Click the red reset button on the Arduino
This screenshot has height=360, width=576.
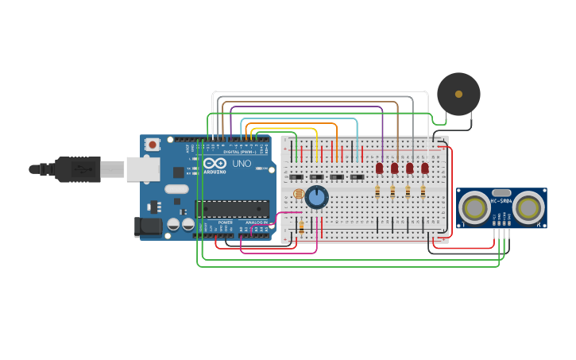[152, 145]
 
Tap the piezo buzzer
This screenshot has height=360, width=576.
[458, 94]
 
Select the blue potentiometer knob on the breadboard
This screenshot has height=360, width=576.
[317, 196]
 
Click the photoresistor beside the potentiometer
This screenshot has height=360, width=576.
[299, 194]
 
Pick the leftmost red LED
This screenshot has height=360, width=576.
[380, 168]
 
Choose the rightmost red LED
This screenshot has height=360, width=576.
[425, 168]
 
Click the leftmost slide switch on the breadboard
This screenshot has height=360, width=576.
[296, 176]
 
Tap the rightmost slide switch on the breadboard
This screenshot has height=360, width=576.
[357, 176]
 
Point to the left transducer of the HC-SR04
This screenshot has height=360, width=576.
[475, 208]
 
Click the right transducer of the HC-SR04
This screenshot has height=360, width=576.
[528, 208]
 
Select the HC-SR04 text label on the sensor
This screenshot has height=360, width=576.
[501, 201]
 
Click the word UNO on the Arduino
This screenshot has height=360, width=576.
[241, 164]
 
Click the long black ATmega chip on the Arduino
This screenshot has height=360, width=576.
[232, 209]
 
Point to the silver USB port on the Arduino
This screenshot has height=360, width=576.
[142, 168]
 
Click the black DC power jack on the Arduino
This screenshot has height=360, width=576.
[147, 227]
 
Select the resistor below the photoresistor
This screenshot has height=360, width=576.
[301, 227]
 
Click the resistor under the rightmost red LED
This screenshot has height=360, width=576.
[423, 191]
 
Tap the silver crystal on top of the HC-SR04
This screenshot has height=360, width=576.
[501, 192]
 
